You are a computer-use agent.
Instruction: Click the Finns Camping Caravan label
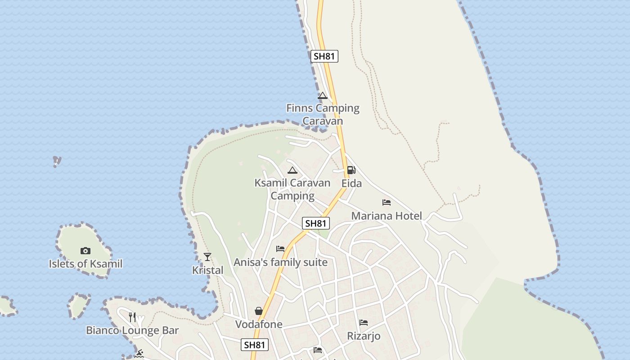[x=323, y=114]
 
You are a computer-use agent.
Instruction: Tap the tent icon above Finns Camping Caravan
[x=322, y=95]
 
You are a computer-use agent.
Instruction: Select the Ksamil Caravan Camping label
[x=292, y=189]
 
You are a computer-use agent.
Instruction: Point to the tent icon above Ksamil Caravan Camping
[x=292, y=170]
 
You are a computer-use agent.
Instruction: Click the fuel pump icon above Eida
[x=351, y=170]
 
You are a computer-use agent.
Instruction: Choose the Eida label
[x=351, y=184]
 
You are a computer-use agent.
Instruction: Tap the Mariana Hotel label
[x=387, y=216]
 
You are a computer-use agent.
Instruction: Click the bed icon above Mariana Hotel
[x=387, y=202]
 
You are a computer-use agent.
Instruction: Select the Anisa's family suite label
[x=280, y=262]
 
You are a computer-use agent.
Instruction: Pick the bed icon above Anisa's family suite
[x=280, y=249]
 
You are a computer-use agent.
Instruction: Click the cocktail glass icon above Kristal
[x=207, y=257]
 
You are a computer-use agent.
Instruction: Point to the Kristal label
[x=207, y=270]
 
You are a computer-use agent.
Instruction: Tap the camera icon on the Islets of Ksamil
[x=85, y=251]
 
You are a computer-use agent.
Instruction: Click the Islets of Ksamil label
[x=85, y=264]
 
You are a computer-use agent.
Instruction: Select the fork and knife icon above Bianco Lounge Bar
[x=132, y=317]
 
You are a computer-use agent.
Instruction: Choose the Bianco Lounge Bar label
[x=132, y=330]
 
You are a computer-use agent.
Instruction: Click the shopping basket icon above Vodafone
[x=259, y=311]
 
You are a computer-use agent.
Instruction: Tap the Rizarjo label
[x=364, y=336]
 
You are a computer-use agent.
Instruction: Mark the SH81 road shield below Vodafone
[x=255, y=345]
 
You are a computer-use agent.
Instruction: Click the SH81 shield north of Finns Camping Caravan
[x=324, y=56]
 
